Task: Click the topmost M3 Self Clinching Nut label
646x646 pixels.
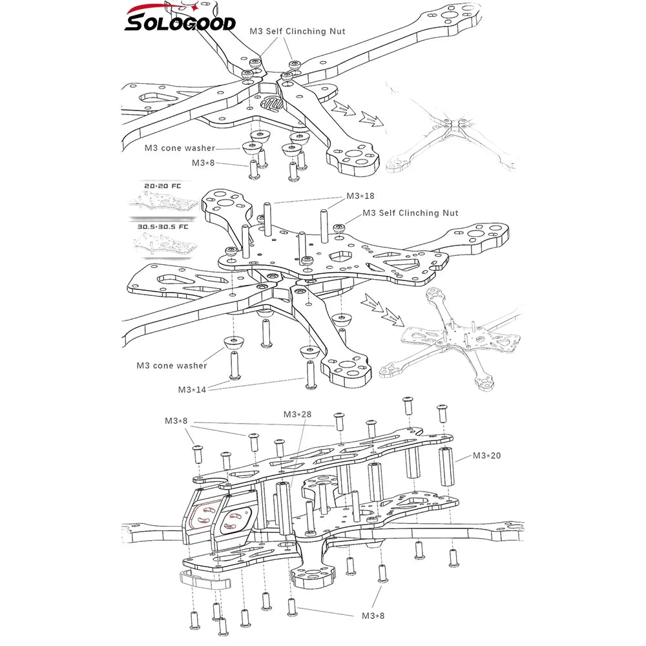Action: pos(297,31)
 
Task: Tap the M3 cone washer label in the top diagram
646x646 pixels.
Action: pos(180,148)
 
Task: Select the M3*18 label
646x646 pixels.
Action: pos(361,196)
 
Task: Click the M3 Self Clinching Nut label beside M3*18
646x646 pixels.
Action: pos(410,213)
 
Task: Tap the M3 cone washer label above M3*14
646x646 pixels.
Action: pos(172,366)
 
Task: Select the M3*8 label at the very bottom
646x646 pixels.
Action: pos(373,616)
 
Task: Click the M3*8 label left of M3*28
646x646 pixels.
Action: pos(176,421)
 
